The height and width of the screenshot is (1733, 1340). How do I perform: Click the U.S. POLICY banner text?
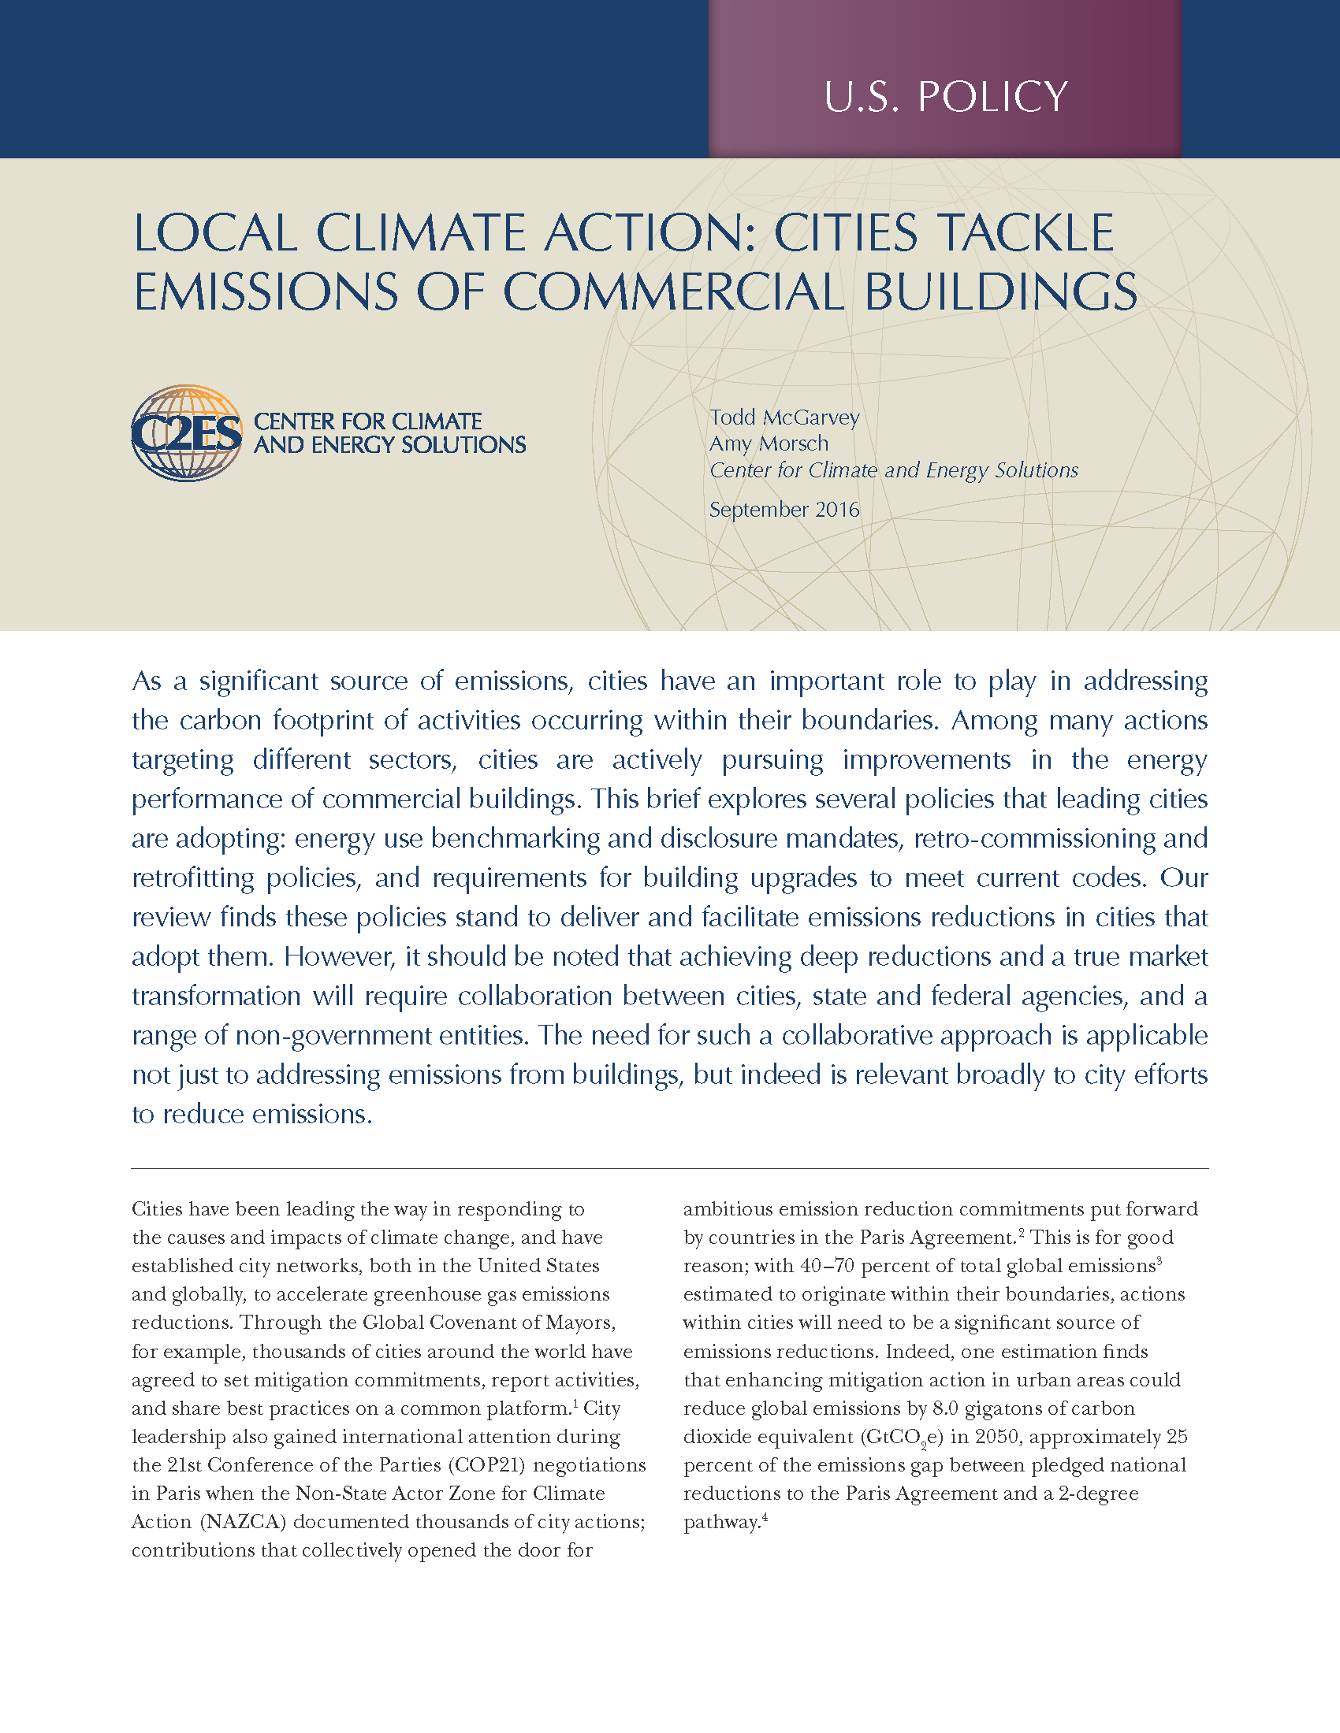pyautogui.click(x=945, y=97)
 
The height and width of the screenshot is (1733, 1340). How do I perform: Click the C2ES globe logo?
pyautogui.click(x=187, y=433)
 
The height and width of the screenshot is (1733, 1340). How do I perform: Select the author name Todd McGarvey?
pyautogui.click(x=784, y=417)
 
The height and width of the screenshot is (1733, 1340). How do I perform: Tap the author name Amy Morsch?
pyautogui.click(x=769, y=443)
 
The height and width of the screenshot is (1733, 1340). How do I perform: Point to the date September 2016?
pyautogui.click(x=784, y=510)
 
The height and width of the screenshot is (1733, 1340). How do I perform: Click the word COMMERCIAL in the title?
pyautogui.click(x=675, y=291)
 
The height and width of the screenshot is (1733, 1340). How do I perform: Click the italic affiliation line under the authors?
pyautogui.click(x=894, y=470)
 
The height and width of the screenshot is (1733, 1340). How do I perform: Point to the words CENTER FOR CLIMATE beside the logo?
pyautogui.click(x=367, y=421)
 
